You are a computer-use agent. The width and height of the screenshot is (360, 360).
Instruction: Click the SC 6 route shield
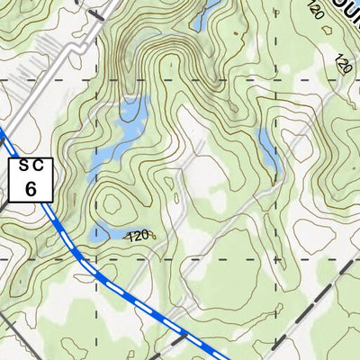tap(31, 179)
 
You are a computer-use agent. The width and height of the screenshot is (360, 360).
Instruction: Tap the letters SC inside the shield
tap(31, 166)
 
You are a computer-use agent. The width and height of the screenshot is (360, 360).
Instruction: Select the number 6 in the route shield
tap(31, 188)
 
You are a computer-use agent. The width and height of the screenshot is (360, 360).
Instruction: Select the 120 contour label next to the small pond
tap(138, 236)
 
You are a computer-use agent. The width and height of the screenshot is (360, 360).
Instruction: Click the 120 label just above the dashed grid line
tap(342, 64)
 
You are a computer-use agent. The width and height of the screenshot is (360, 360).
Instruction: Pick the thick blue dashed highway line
tap(135, 298)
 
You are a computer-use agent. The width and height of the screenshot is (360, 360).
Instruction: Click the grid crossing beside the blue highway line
tap(96, 259)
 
